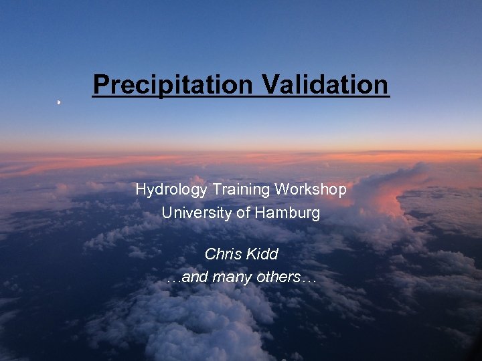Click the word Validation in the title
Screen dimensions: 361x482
325,85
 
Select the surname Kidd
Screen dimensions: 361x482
262,255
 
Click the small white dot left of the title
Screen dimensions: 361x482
59,102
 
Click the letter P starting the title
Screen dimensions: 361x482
100,85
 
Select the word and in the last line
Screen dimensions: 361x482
195,277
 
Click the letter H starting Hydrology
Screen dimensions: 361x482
141,190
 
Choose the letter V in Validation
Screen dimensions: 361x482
269,85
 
